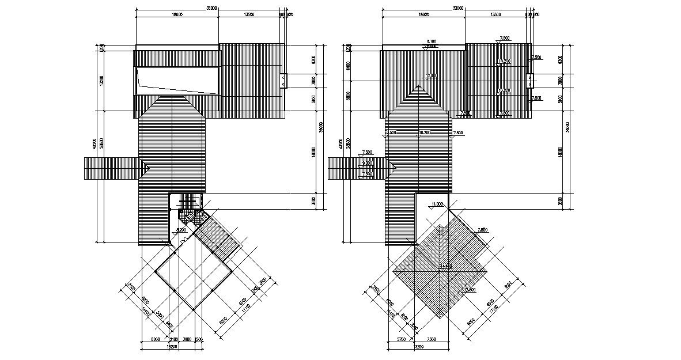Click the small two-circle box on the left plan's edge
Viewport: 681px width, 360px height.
[283, 81]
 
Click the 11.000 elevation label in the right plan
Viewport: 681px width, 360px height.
[437, 204]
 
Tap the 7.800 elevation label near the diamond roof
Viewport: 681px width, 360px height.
[482, 230]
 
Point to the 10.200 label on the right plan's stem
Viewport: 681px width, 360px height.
[423, 132]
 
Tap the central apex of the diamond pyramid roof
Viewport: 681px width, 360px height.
[439, 269]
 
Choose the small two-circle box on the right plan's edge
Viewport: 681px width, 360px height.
[531, 81]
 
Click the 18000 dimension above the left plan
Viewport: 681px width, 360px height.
[176, 14]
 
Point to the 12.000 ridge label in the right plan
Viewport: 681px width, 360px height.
[431, 75]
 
